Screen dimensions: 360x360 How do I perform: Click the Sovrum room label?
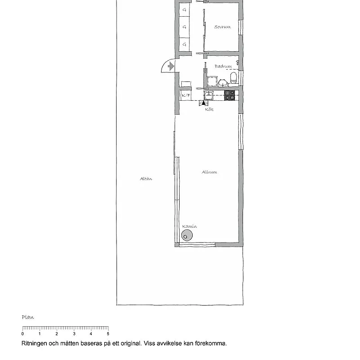tap(222, 27)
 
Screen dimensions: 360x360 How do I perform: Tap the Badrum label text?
tap(223, 66)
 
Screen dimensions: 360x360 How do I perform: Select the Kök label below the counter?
tap(209, 109)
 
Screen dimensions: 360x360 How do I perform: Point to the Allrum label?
tap(209, 172)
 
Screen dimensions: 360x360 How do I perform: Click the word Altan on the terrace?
tap(146, 179)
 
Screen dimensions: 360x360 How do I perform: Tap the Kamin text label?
tap(189, 226)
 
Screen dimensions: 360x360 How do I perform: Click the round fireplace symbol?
tap(187, 235)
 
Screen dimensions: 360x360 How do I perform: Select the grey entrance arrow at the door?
tap(171, 67)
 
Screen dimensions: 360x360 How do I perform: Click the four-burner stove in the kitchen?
tap(230, 95)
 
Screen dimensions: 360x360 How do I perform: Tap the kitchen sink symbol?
tap(209, 95)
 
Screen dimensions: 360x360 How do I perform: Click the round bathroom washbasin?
tap(223, 83)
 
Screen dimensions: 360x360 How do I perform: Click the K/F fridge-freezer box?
tap(186, 95)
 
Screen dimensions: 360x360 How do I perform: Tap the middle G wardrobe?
tap(184, 27)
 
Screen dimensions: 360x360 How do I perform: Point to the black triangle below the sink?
tap(203, 103)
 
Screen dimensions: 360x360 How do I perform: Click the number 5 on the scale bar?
tap(108, 334)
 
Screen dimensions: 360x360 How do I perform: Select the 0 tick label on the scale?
tap(22, 334)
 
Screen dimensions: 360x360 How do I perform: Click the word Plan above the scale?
tap(28, 317)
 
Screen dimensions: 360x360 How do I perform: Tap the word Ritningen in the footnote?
tap(35, 343)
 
